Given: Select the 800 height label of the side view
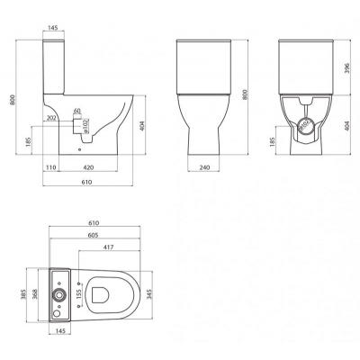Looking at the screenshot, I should (x=12, y=102).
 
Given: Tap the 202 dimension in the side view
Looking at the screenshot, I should (x=50, y=117).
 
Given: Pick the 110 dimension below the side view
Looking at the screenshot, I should (x=51, y=167).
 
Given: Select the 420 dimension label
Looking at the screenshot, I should (x=87, y=167).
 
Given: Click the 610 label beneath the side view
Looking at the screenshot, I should (x=82, y=182).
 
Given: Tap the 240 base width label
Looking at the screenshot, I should (x=204, y=167).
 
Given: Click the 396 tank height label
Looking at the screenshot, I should (x=347, y=69).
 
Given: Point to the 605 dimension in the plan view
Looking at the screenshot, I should (x=94, y=234).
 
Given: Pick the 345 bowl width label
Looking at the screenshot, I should (x=152, y=293).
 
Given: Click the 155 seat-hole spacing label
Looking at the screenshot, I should (x=78, y=293).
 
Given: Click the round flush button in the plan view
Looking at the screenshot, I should (x=59, y=294).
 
